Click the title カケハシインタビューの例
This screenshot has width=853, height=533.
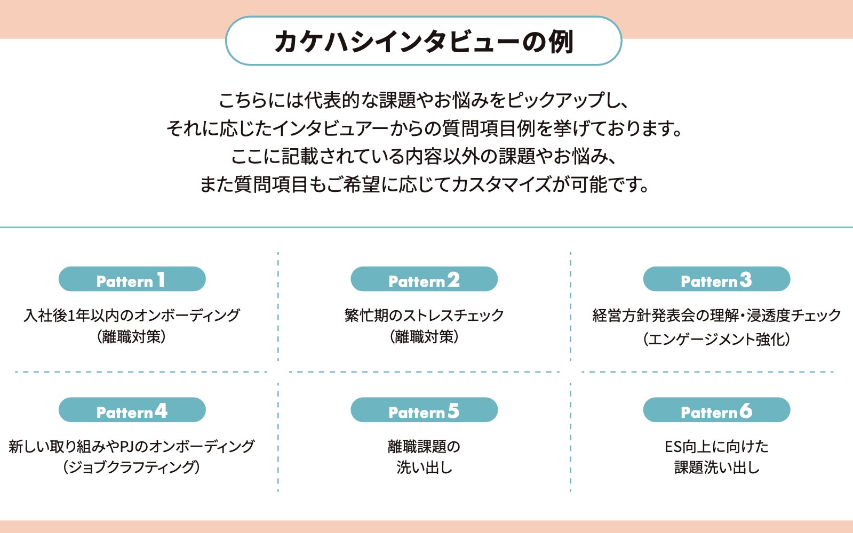[x=424, y=42]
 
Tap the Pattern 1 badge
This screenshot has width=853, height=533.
[x=132, y=279]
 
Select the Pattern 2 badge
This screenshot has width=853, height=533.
[x=424, y=279]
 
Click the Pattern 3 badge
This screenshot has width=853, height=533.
[x=716, y=279]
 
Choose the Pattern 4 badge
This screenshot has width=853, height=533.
[x=132, y=410]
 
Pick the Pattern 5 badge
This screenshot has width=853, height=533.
[x=424, y=410]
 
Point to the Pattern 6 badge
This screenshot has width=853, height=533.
[x=716, y=410]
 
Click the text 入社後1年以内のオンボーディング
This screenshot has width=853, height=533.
[x=132, y=315]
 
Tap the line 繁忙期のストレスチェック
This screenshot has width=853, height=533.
[x=424, y=315]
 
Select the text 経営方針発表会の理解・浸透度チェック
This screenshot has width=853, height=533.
[x=716, y=315]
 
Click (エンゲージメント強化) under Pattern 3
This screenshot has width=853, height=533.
[x=716, y=339]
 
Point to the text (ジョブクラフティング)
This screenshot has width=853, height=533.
[x=132, y=467]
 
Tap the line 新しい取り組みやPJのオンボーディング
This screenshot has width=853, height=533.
[x=132, y=446]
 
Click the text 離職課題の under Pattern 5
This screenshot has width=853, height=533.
[x=424, y=446]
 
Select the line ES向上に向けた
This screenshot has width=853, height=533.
[x=716, y=446]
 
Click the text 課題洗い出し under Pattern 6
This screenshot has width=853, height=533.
[x=716, y=467]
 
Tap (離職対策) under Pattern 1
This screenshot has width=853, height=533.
[x=132, y=337]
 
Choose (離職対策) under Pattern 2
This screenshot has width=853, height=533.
[x=424, y=337]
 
